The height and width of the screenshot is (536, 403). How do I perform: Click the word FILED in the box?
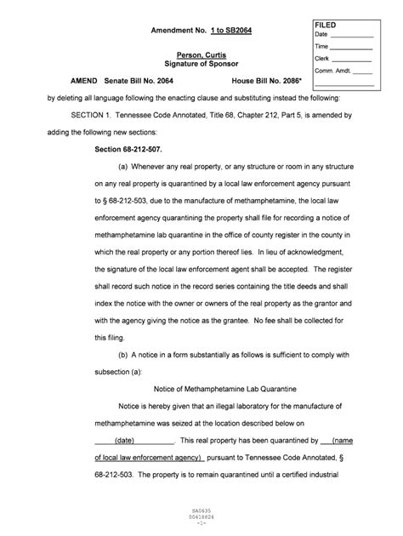(326, 25)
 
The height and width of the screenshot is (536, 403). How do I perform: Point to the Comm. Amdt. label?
(334, 72)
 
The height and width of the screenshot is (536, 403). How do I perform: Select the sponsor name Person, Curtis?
(199, 55)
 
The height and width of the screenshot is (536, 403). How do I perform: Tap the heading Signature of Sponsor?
(199, 65)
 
